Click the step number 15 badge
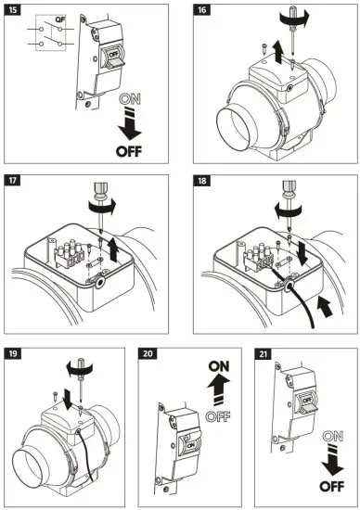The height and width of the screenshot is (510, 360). click(14, 12)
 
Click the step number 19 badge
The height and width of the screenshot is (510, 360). click(14, 353)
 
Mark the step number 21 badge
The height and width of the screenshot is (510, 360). click(264, 353)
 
